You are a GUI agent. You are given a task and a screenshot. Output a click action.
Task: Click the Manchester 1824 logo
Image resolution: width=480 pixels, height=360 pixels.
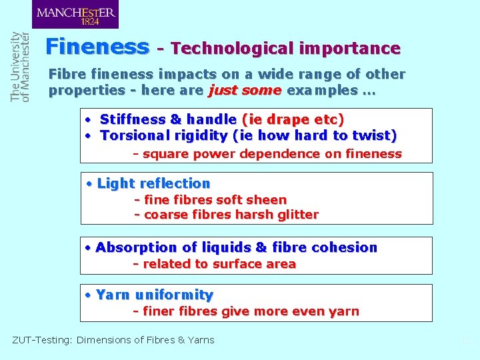[x=75, y=15]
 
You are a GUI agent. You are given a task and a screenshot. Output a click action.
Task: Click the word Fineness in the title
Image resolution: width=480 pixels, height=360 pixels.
[x=97, y=47]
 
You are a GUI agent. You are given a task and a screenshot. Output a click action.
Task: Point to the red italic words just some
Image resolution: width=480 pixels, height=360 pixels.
[x=244, y=90]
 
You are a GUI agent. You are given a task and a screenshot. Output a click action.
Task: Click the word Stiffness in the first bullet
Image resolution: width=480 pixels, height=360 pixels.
[x=133, y=119]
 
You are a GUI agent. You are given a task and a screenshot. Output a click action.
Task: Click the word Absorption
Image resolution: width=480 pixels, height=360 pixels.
[x=135, y=247]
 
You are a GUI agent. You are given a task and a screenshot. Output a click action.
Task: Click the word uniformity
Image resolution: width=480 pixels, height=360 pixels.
[x=174, y=295]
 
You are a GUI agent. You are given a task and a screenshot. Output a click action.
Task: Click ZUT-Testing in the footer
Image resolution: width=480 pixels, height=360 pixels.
[x=41, y=340]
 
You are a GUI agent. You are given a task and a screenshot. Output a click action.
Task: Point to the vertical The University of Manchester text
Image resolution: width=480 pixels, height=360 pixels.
[x=21, y=67]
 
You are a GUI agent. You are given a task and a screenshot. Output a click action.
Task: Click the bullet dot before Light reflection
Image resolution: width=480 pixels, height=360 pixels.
[x=90, y=183]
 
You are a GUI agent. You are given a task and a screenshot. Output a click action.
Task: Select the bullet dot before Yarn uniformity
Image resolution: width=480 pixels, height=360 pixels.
[x=89, y=295]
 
